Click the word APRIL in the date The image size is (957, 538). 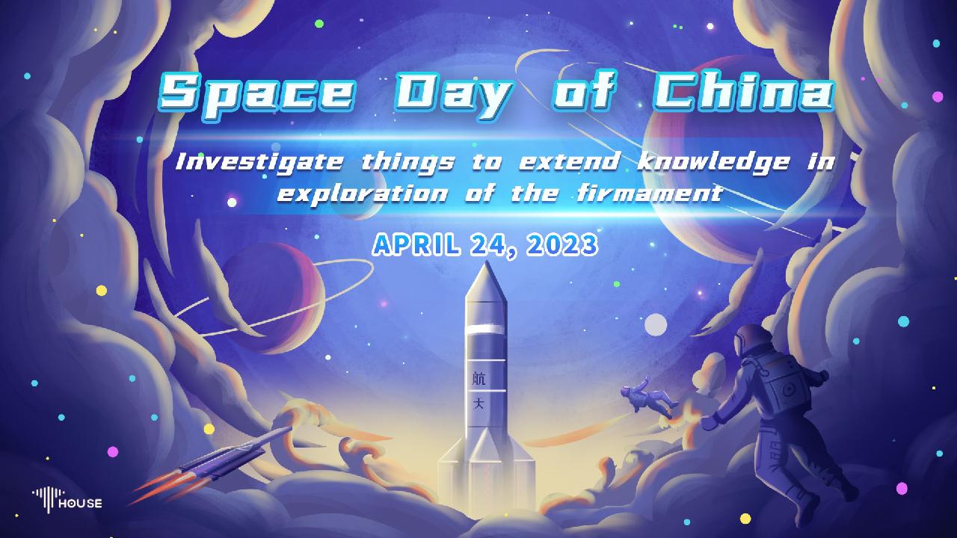click(418, 244)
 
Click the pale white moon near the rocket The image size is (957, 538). click(656, 324)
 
